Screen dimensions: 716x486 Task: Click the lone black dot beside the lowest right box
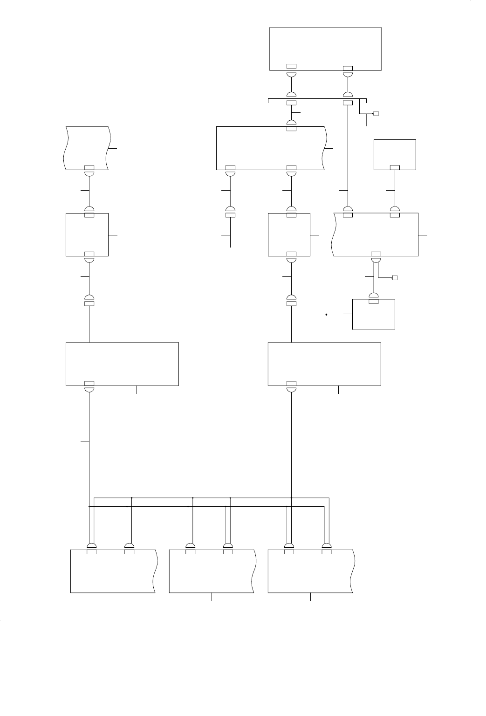[x=327, y=315]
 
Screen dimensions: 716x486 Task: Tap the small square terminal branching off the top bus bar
[x=376, y=114]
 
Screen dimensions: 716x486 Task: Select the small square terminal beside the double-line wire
[x=394, y=278]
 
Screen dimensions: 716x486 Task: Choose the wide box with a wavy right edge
[x=270, y=147]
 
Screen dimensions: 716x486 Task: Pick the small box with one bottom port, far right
[x=395, y=154]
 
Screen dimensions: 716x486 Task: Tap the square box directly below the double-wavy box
[x=87, y=234]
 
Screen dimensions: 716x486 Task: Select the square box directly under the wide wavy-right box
[x=289, y=234]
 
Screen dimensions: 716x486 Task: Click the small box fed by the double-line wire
[x=374, y=315]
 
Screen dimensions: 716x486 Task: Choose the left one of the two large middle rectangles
[x=122, y=364]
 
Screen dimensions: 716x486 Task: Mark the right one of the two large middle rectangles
[x=324, y=364]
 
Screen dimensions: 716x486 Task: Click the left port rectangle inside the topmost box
[x=291, y=66]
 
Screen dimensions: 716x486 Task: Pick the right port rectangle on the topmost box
[x=348, y=69]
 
